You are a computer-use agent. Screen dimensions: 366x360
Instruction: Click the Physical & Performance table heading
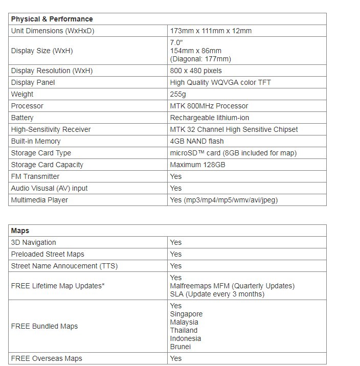(x=52, y=19)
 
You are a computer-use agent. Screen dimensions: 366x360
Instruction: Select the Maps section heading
(x=20, y=231)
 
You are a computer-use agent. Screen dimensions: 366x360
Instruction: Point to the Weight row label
(x=22, y=94)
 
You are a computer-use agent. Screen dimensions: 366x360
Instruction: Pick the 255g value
(x=178, y=94)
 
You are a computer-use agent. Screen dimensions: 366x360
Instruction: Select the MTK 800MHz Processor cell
(x=209, y=106)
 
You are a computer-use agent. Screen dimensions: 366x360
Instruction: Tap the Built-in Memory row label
(x=35, y=141)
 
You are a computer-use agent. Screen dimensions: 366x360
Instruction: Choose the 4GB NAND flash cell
(x=197, y=141)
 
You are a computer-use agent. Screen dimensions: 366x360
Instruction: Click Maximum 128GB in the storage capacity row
(x=197, y=165)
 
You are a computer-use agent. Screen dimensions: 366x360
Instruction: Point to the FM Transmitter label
(x=35, y=176)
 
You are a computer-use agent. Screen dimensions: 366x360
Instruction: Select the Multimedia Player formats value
(x=224, y=200)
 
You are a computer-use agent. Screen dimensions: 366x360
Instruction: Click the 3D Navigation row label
(x=33, y=242)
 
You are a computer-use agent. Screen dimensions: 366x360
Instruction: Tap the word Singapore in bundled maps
(x=186, y=314)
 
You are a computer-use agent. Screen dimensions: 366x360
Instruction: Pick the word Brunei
(x=181, y=347)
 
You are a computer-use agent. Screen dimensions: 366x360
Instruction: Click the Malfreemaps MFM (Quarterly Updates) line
(x=232, y=286)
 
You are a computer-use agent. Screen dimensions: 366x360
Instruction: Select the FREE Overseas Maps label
(x=46, y=358)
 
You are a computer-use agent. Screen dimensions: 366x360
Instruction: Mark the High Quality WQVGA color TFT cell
(x=220, y=82)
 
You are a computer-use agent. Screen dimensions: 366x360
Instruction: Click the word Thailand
(x=184, y=330)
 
